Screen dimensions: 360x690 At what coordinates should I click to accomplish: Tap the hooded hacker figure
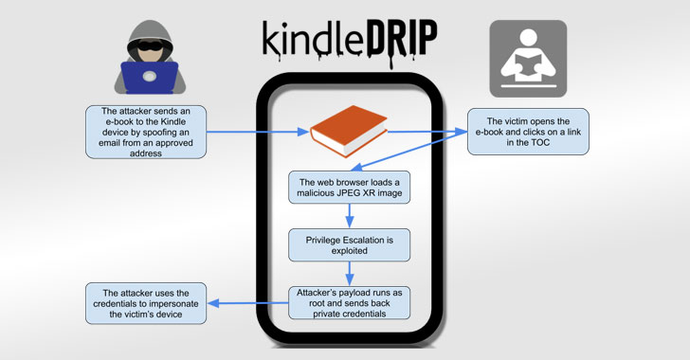(x=149, y=52)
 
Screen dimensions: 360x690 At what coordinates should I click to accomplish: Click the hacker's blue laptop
(x=149, y=77)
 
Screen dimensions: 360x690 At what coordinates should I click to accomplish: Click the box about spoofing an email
(x=141, y=132)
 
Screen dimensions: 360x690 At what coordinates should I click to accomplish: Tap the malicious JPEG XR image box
(x=350, y=187)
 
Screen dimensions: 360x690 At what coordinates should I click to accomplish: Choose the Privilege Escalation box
(x=350, y=244)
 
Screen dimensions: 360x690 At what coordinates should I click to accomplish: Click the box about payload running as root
(x=350, y=304)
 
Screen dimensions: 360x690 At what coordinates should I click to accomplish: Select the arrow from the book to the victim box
(x=426, y=133)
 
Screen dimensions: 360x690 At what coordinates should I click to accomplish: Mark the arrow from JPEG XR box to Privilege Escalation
(x=350, y=215)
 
